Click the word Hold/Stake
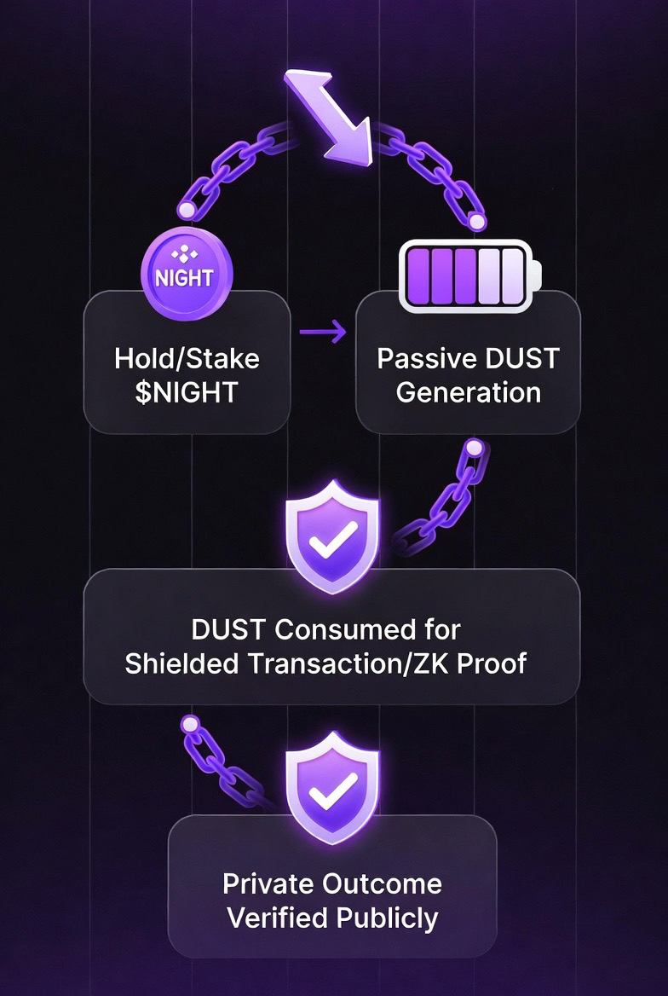point(187,357)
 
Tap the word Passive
point(419,357)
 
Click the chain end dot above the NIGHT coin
point(185,209)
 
